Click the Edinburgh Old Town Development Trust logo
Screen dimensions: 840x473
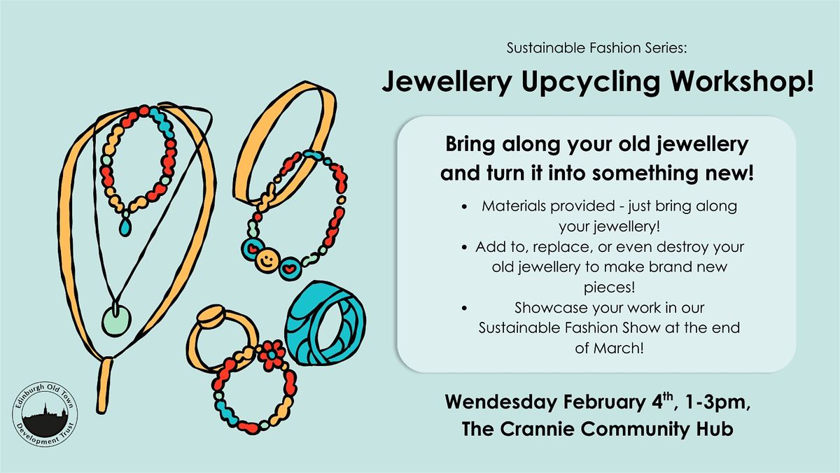click(x=45, y=414)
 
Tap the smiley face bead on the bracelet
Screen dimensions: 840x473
click(x=267, y=259)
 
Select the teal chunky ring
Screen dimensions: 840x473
click(x=325, y=323)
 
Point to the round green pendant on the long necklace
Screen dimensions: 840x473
click(x=117, y=321)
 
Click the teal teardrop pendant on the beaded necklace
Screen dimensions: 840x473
click(x=125, y=227)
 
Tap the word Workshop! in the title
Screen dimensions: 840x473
click(x=742, y=81)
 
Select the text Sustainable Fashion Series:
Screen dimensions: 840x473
click(x=596, y=48)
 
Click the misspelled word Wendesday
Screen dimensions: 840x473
click(x=501, y=402)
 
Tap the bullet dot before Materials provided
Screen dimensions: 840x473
click(x=465, y=206)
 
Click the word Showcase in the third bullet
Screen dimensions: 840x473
click(x=544, y=308)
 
